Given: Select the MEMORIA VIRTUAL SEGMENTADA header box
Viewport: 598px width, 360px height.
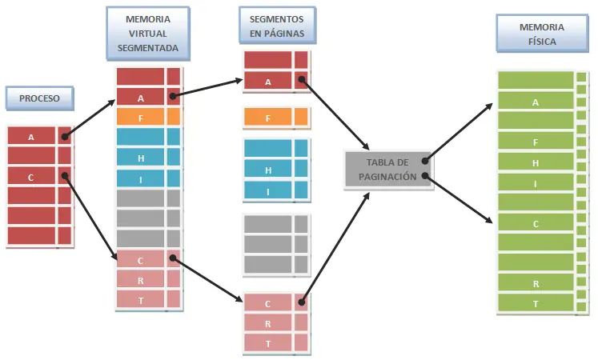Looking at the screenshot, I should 146,34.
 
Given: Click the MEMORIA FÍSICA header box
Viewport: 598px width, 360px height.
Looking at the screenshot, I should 536,34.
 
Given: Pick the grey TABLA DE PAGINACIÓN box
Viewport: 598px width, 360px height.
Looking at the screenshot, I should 387,170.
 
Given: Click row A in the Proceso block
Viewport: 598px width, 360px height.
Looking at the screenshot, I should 31,137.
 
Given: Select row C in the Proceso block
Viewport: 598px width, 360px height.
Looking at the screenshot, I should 31,177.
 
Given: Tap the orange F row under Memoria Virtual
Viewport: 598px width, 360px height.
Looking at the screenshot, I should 141,118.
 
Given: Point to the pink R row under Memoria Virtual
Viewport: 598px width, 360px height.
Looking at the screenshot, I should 141,279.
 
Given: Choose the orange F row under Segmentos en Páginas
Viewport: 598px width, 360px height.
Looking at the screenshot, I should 267,118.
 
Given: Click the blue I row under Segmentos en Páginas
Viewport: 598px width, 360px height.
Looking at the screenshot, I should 267,190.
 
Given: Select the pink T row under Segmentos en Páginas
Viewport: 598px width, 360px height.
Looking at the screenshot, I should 267,342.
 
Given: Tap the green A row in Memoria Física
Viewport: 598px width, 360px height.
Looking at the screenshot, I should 536,102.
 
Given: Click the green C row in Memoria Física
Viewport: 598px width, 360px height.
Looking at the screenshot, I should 536,223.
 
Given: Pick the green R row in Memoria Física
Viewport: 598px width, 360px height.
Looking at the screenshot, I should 536,283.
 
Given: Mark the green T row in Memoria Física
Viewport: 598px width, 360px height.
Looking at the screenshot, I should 536,303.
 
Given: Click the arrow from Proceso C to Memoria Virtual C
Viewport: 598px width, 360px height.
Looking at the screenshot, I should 89,216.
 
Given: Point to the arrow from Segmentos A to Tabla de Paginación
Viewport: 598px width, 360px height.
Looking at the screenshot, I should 335,114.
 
